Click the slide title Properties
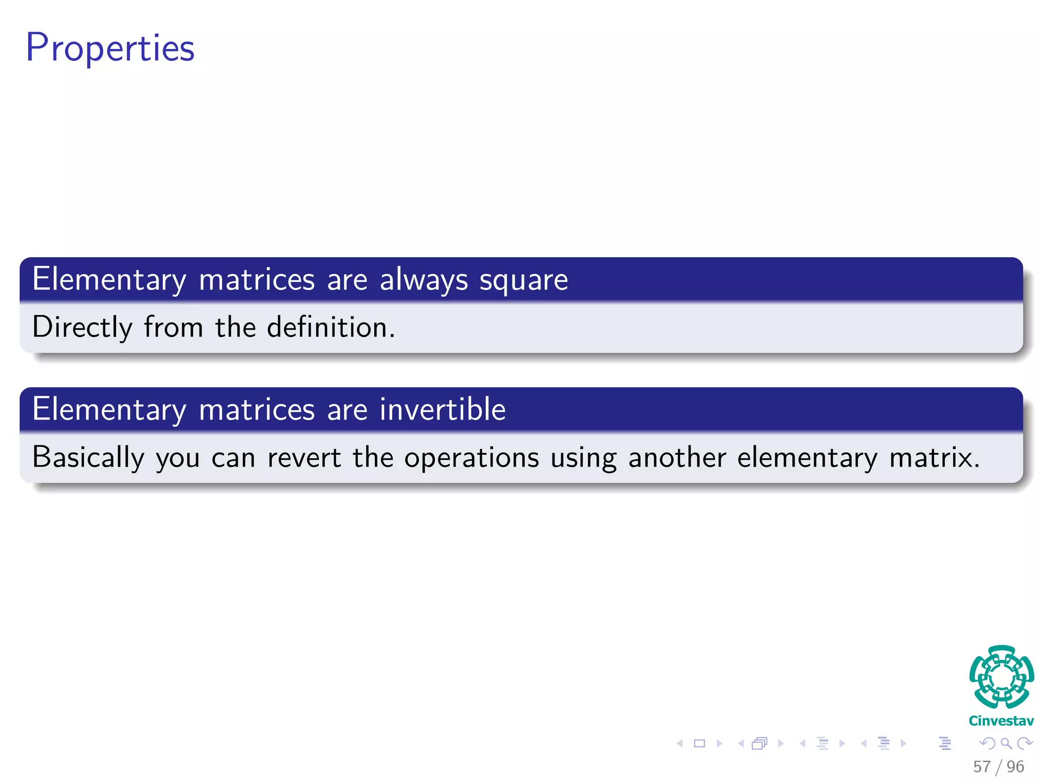[110, 48]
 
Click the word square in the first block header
[524, 280]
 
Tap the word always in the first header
[423, 280]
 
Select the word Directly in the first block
[82, 327]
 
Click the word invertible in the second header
[443, 409]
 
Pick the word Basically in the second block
[88, 457]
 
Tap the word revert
[304, 457]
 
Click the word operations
[472, 457]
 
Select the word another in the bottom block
[677, 457]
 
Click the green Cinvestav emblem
[1001, 677]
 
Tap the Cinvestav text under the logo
[1001, 721]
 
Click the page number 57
[981, 767]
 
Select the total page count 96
[1015, 767]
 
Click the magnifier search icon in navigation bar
[1006, 743]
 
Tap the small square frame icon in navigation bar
[699, 743]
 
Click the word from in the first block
[173, 327]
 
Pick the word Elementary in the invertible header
[109, 409]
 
